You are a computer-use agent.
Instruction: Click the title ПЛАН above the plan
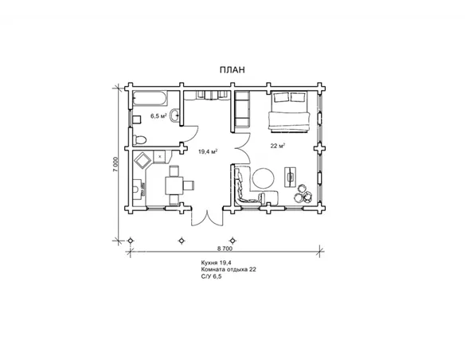tap(232, 70)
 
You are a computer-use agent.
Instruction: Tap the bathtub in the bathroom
tap(150, 99)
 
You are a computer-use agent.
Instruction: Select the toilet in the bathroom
tap(139, 139)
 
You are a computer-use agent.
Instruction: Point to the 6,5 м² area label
tap(158, 116)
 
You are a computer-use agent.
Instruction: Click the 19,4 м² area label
tap(208, 152)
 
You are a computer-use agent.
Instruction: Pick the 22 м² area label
tap(278, 146)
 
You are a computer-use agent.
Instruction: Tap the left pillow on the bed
tap(281, 97)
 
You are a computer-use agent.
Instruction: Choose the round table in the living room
tap(264, 178)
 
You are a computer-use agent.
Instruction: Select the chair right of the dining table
tap(189, 186)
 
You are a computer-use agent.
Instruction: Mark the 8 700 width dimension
tap(225, 248)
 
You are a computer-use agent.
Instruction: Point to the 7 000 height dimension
tap(116, 164)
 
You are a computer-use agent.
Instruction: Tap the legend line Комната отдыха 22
tap(229, 269)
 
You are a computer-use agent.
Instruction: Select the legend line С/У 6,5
tap(211, 276)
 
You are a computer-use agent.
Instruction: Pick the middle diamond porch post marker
tap(182, 241)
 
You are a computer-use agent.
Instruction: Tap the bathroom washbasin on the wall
tap(174, 115)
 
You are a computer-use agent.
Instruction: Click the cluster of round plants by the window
tap(303, 194)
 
